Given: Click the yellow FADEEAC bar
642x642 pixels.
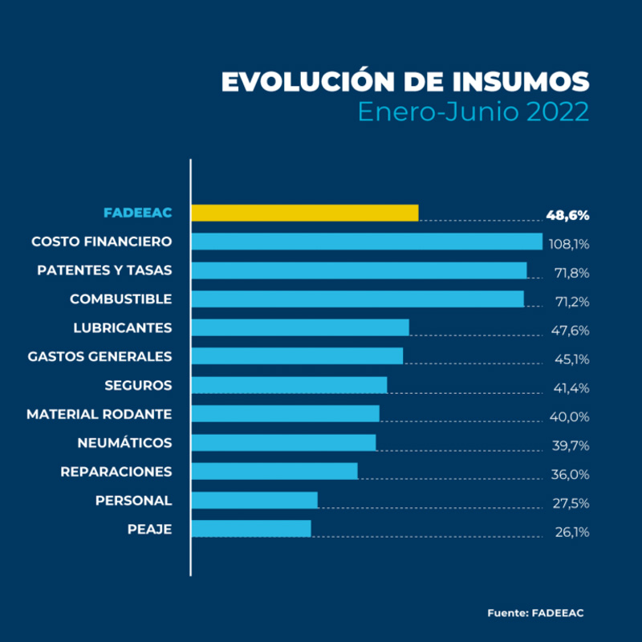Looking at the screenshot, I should point(305,213).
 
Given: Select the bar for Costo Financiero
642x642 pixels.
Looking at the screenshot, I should point(368,242).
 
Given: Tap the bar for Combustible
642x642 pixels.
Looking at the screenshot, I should point(358,299).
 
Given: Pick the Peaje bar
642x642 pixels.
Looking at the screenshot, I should point(251,528).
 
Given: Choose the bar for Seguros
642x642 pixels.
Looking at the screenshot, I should point(290,385).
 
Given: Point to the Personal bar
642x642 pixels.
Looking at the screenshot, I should point(255,500).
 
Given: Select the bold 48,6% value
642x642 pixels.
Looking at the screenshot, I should point(568,215).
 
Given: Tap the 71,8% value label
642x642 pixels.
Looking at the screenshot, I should point(571,273).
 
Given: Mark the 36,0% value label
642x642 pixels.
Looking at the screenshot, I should point(571,474).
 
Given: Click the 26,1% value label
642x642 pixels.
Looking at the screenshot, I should point(571,532).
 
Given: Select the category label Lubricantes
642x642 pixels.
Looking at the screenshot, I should point(122,327).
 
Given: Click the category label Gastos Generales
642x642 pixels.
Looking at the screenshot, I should point(100,356).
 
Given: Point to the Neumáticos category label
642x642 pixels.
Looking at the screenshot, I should point(124,443).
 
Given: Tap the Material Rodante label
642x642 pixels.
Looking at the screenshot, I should point(99,414).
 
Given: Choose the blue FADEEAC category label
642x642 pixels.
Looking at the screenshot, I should point(137,213).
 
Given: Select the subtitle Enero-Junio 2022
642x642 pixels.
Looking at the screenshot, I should point(473,111).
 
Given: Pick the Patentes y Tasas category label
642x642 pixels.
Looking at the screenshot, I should point(104,270).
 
